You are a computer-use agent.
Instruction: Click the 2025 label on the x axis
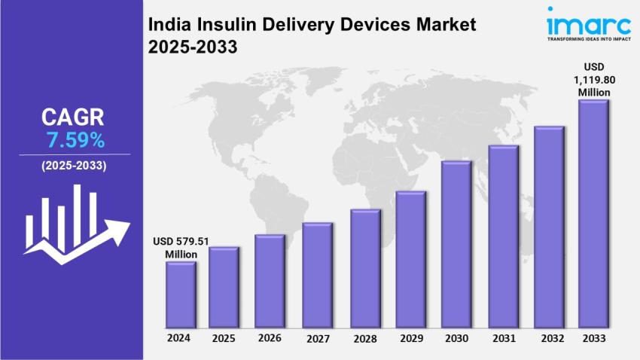point(224,338)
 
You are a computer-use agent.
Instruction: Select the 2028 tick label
point(364,339)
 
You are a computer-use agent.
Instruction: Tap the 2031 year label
point(502,339)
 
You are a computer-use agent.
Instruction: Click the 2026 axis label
point(270,339)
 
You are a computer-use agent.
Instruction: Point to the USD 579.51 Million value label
point(181,248)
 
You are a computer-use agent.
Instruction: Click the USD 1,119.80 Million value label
point(593,79)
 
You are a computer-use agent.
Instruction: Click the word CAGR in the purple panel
point(73,117)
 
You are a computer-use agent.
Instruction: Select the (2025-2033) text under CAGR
point(74,165)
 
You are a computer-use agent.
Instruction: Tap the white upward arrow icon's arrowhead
point(120,228)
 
